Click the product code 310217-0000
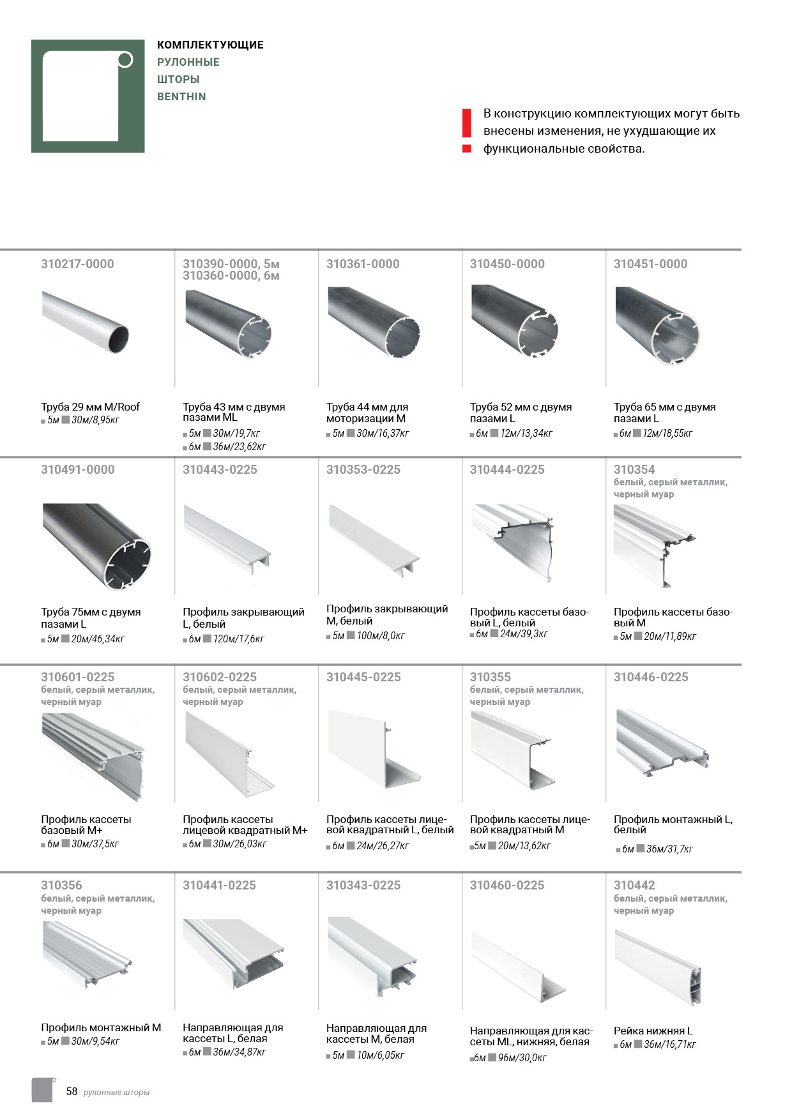click(x=77, y=264)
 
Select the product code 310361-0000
click(x=363, y=264)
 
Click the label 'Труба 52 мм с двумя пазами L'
click(x=521, y=412)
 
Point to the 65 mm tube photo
click(x=657, y=325)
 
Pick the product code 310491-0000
click(x=77, y=470)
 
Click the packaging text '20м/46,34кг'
click(x=98, y=639)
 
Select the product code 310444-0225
click(x=507, y=470)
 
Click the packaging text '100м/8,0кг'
click(x=381, y=636)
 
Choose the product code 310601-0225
click(x=77, y=677)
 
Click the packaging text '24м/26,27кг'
click(x=383, y=846)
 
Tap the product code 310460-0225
click(x=507, y=886)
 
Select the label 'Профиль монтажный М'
click(x=101, y=1027)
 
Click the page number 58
click(x=72, y=1091)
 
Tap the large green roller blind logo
click(x=88, y=96)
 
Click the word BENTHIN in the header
click(x=181, y=97)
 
